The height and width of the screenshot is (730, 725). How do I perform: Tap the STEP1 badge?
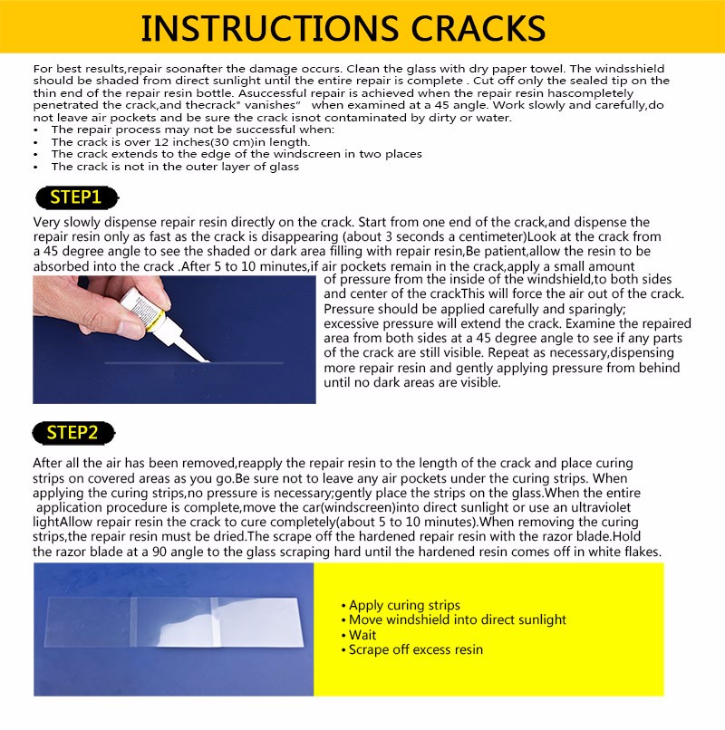75,197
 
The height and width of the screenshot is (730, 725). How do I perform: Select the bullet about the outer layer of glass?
175,166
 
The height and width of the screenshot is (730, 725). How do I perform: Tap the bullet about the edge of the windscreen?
236,154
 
